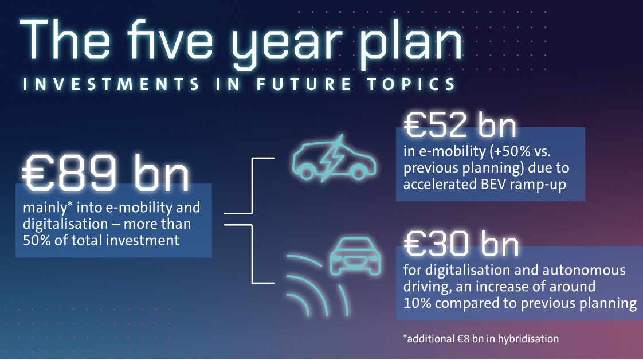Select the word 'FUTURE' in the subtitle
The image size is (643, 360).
304,84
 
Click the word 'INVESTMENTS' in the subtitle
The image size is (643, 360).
111,84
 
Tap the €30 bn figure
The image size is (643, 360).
461,244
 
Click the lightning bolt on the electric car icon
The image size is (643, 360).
332,158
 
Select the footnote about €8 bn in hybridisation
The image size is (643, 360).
481,339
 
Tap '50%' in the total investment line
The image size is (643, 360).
37,240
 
